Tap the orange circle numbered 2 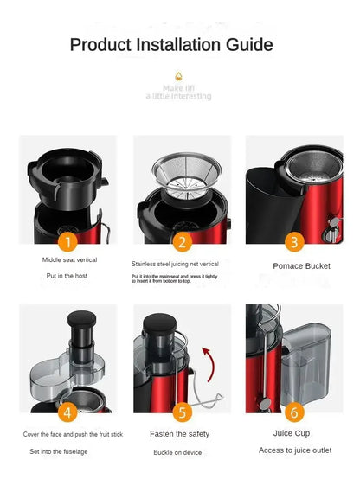pyautogui.click(x=182, y=242)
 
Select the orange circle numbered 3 pyautogui.click(x=294, y=242)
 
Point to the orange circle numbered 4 pyautogui.click(x=68, y=412)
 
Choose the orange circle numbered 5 pyautogui.click(x=182, y=412)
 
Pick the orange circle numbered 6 pyautogui.click(x=294, y=412)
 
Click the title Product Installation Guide pyautogui.click(x=171, y=45)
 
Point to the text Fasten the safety pyautogui.click(x=180, y=433)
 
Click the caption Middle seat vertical pyautogui.click(x=69, y=259)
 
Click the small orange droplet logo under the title pyautogui.click(x=178, y=76)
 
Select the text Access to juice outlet pyautogui.click(x=294, y=450)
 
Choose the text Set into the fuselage pyautogui.click(x=58, y=451)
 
